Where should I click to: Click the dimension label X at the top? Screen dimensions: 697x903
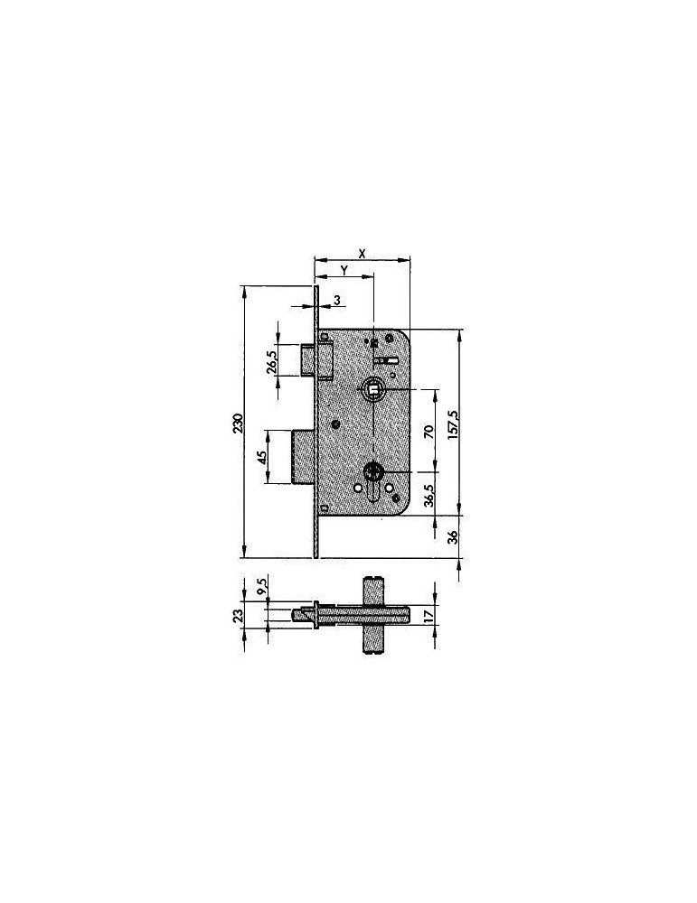click(x=362, y=253)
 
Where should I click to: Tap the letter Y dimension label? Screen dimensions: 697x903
click(x=344, y=270)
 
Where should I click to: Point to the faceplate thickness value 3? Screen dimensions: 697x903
click(x=337, y=300)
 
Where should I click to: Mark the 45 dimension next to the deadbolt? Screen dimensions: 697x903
click(x=261, y=457)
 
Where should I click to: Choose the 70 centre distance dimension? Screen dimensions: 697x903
click(x=429, y=432)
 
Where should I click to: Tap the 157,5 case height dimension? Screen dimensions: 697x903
click(x=453, y=425)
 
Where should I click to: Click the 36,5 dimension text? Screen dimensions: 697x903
click(x=429, y=495)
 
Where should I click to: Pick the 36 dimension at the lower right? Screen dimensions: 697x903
click(x=453, y=536)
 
